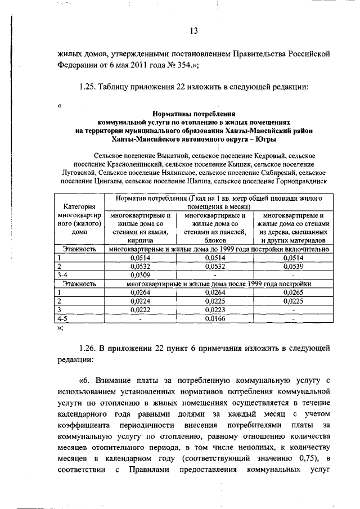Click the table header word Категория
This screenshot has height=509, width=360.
79,206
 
